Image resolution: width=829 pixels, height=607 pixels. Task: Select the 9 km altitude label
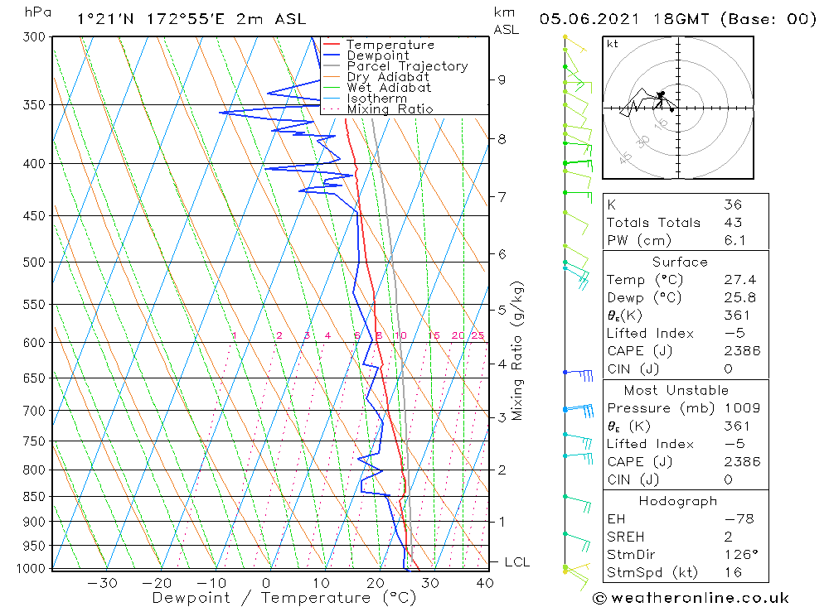pos(502,79)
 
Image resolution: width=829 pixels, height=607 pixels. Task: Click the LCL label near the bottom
pos(516,562)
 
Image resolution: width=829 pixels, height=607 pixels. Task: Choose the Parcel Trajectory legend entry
pos(407,66)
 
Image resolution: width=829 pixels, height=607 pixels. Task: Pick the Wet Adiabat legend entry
pos(389,88)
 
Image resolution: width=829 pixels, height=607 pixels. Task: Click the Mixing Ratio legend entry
pos(390,109)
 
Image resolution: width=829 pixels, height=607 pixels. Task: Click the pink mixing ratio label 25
pos(478,335)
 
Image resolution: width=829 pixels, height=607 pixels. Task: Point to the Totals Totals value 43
pos(732,222)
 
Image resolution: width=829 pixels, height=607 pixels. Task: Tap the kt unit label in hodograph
pos(612,44)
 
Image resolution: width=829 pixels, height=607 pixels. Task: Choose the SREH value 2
pos(727,537)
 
